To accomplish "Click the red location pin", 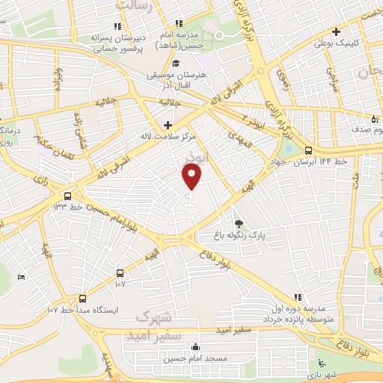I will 192,177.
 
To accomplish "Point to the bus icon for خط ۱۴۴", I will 309,150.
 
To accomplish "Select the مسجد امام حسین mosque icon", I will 196,346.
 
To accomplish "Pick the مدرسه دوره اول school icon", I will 298,297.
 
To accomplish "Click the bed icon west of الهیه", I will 21,277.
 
